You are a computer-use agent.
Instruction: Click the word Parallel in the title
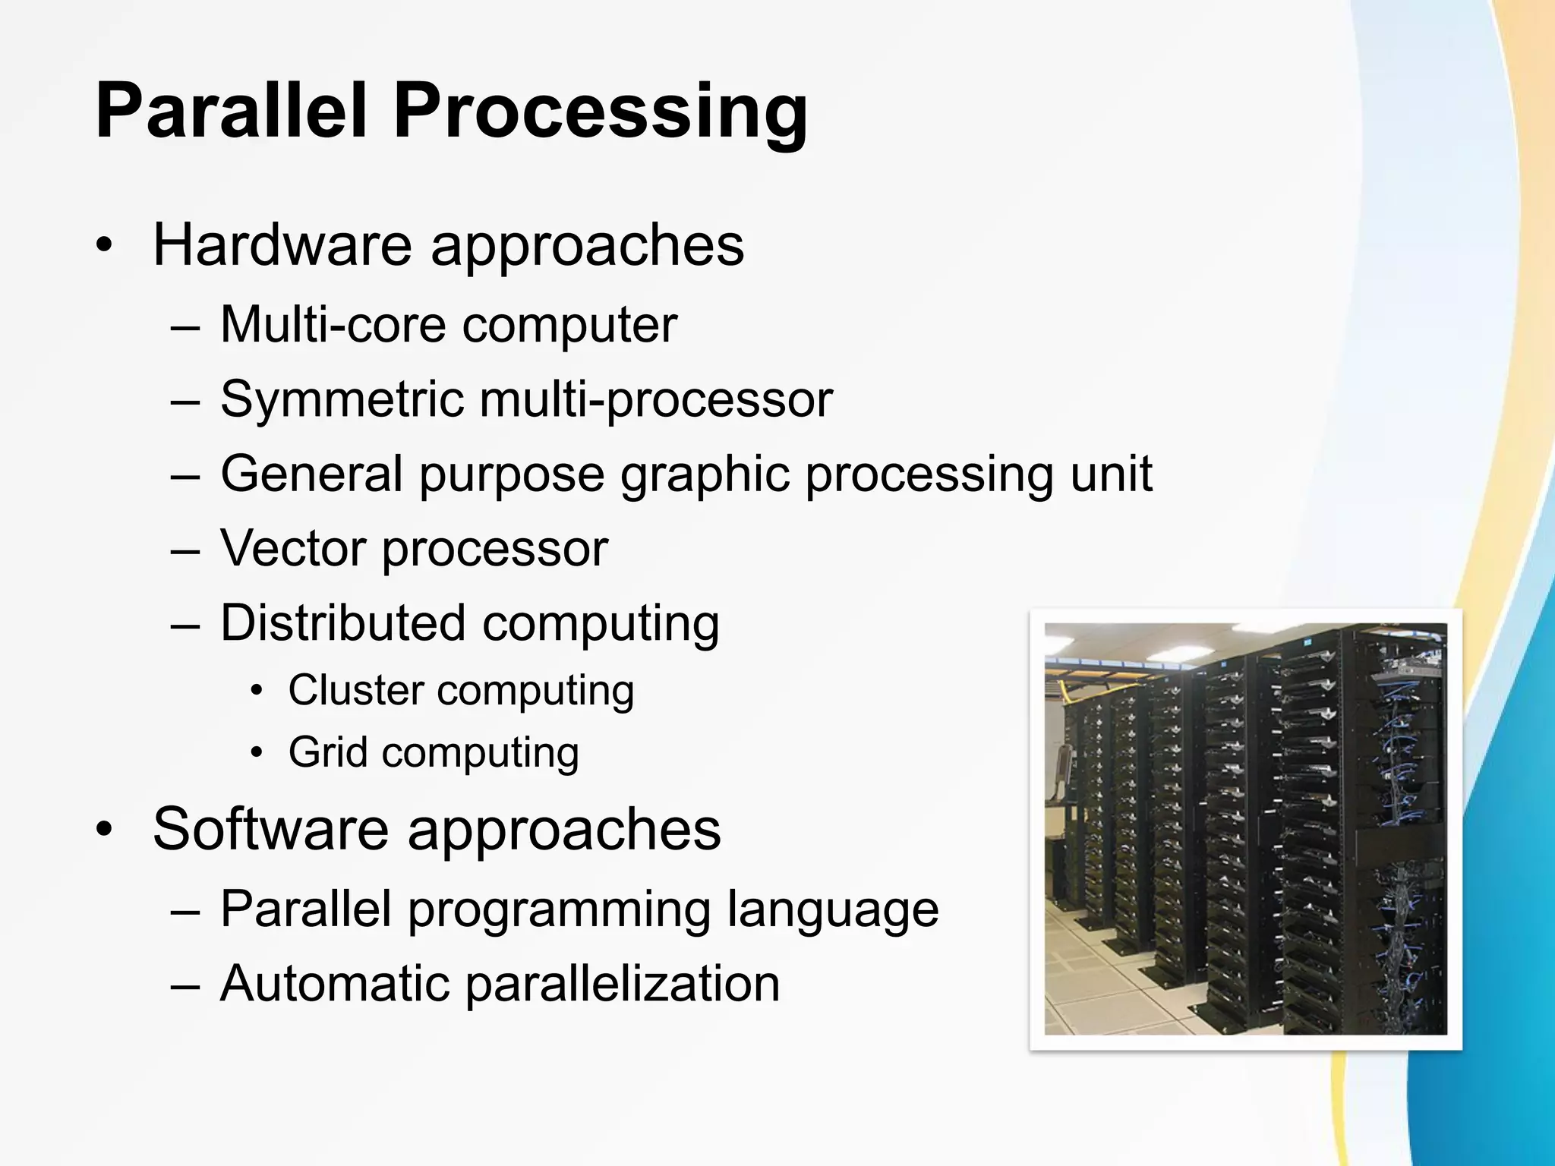pyautogui.click(x=234, y=112)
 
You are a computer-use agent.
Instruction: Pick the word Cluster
pyautogui.click(x=355, y=690)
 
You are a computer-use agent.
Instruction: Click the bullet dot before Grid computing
pyautogui.click(x=257, y=753)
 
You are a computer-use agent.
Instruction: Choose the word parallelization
pyautogui.click(x=623, y=984)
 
